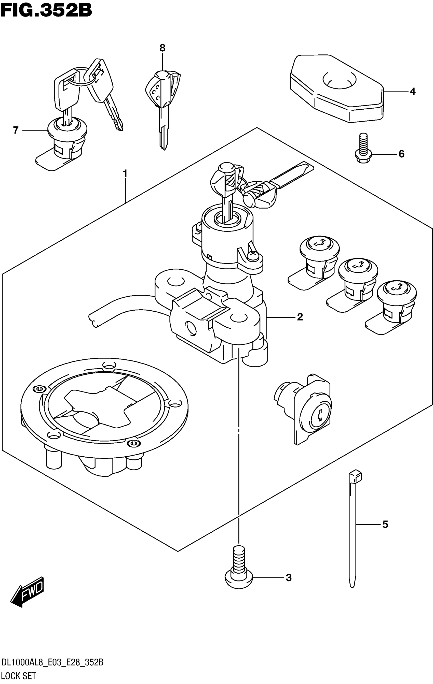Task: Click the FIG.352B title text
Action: (46, 11)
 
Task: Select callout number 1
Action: (125, 173)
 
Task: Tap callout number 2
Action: (300, 317)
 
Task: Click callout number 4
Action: (413, 92)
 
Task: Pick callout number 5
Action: (385, 524)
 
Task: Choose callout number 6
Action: (401, 154)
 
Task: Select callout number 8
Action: (162, 48)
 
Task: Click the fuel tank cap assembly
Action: (104, 409)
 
